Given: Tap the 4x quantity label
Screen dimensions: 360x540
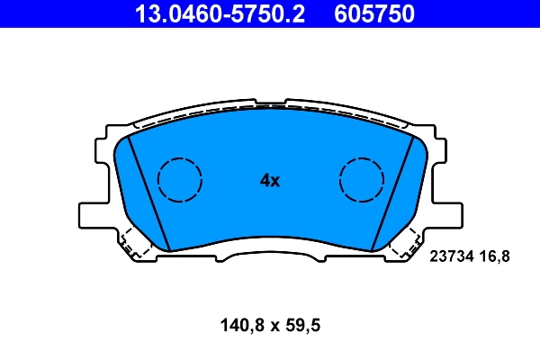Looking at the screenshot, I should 270,180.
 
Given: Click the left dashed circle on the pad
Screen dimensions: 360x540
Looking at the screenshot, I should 179,178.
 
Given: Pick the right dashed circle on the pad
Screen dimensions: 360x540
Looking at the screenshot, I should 362,178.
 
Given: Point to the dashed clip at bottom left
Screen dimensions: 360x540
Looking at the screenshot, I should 135,242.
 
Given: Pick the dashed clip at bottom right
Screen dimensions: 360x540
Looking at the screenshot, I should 406,242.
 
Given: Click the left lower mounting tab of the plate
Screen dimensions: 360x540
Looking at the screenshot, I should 94,215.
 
